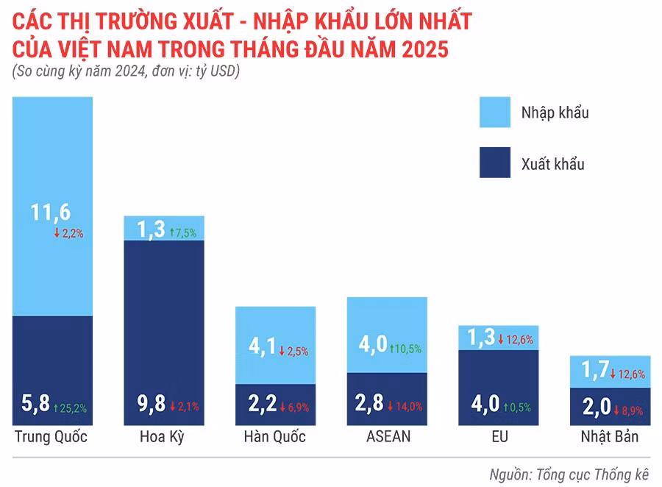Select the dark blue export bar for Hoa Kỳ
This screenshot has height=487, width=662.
(163, 316)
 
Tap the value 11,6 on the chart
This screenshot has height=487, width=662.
(51, 213)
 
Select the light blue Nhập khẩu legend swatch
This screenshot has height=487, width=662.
(499, 113)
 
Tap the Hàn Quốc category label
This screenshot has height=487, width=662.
(275, 437)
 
